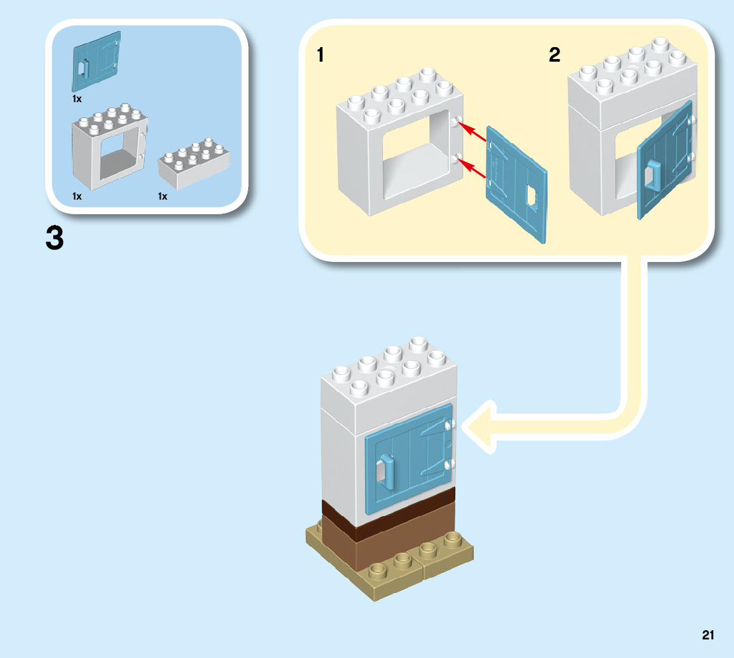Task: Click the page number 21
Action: pos(707,635)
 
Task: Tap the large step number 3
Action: pos(55,239)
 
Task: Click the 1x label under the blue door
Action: pos(77,99)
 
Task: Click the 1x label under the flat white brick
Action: pos(163,196)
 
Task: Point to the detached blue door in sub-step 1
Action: pos(517,185)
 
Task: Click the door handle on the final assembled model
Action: pos(386,470)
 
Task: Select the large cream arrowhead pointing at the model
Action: pos(481,427)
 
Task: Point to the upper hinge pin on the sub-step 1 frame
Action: pos(458,123)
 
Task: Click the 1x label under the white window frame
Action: pos(77,196)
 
